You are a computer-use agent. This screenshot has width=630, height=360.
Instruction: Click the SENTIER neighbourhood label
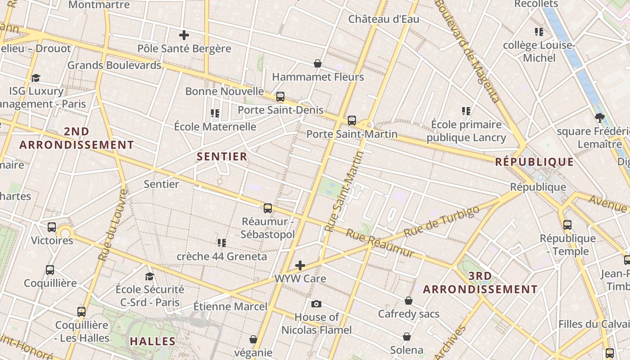coord(222,157)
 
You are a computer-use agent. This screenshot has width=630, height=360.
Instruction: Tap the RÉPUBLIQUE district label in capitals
coord(535,162)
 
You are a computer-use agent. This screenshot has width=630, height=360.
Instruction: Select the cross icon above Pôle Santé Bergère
coord(184,35)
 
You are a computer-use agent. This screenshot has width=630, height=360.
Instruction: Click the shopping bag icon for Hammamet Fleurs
coord(318,63)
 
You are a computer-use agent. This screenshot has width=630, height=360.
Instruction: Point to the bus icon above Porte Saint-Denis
coord(280,96)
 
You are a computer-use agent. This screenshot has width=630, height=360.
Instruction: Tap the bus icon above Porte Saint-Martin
coord(352,121)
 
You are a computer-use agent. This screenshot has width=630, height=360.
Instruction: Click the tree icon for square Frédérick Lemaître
coord(599,118)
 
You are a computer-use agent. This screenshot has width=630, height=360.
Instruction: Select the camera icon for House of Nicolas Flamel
coord(316,304)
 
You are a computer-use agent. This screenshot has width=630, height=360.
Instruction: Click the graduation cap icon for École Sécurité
coord(149,276)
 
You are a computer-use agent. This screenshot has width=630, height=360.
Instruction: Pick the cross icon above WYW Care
coord(300,265)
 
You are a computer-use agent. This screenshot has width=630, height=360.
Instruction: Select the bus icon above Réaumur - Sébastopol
coord(268,208)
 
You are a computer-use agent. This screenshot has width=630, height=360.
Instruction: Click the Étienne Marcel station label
coord(230,306)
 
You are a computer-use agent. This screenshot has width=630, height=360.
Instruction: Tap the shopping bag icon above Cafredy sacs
coord(409,300)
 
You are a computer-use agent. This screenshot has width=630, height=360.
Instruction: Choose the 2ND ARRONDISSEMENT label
coord(76,138)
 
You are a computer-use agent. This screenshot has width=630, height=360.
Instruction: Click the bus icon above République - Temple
coord(567,225)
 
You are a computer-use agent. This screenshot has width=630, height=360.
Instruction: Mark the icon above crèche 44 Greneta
coord(221,243)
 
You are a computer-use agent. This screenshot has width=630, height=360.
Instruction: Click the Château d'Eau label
coord(384,19)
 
